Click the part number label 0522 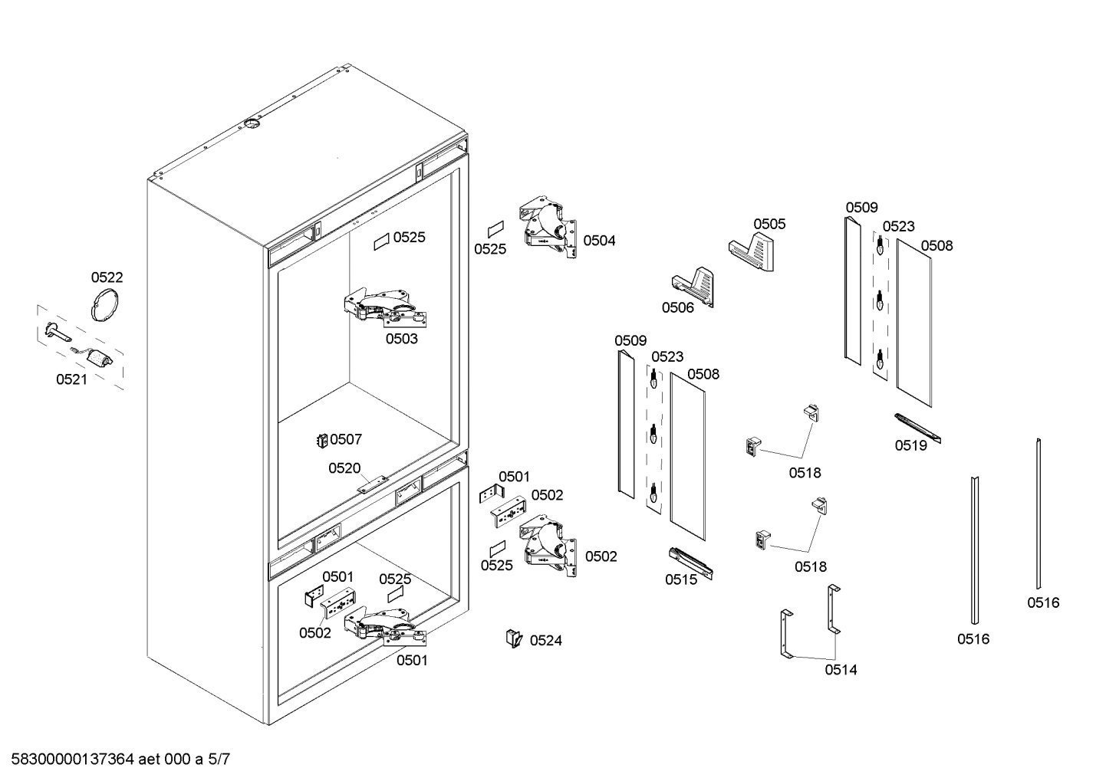(x=107, y=277)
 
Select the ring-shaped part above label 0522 (x=106, y=304)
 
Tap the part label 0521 (x=71, y=379)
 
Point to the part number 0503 (x=401, y=338)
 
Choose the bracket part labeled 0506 (x=693, y=284)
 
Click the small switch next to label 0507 (x=322, y=440)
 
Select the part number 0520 (x=344, y=468)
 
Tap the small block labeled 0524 (x=512, y=638)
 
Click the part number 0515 (x=681, y=579)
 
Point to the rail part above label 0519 (x=917, y=427)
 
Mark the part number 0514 (x=841, y=669)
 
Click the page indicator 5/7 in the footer (x=219, y=760)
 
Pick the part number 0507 (x=346, y=439)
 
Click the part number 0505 (x=769, y=224)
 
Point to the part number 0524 (x=546, y=640)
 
